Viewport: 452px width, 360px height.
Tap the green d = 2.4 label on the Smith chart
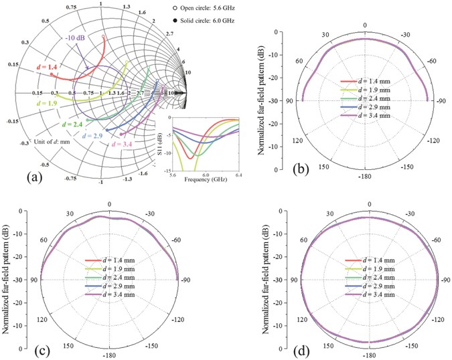[x=72, y=124]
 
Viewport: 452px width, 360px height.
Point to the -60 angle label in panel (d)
[x=433, y=239]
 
